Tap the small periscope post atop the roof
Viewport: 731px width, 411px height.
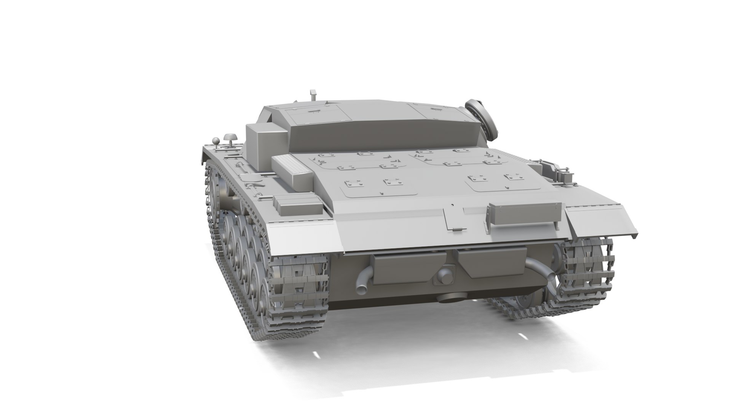point(313,95)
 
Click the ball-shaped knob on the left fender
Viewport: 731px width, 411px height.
point(216,141)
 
